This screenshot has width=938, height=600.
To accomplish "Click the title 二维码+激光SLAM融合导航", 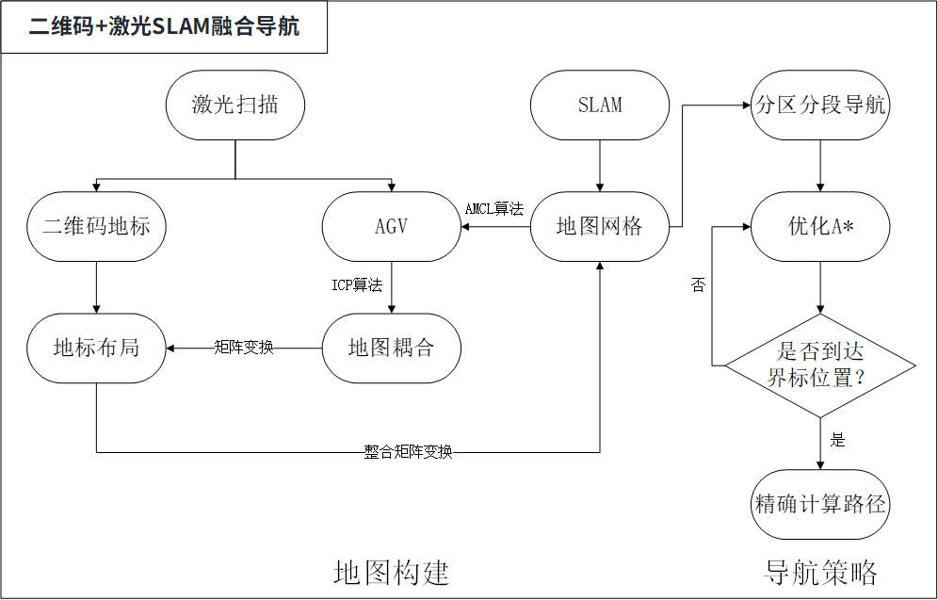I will click(x=164, y=27).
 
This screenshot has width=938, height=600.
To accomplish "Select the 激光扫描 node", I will click(x=234, y=105).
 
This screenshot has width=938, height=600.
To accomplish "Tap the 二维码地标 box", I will click(x=96, y=226).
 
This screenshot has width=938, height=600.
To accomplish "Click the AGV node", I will click(x=391, y=226).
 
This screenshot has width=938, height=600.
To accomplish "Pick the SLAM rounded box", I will click(x=600, y=105).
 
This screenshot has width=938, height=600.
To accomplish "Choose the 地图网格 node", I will click(x=600, y=226).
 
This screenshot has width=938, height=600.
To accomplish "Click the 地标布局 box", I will click(x=96, y=348).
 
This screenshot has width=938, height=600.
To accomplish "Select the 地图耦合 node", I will click(x=391, y=348).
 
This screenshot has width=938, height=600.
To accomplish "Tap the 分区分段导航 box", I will click(x=820, y=105).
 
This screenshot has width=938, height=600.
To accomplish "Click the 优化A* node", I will click(x=820, y=226).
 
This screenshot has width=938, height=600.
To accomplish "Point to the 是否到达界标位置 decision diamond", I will click(x=820, y=365).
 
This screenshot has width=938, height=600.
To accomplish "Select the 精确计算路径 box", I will click(x=820, y=503).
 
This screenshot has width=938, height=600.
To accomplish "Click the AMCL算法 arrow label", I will click(x=494, y=209).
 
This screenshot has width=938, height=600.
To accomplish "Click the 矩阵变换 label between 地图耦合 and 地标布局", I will click(x=244, y=348).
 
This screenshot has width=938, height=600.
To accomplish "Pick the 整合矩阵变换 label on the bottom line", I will click(x=408, y=452).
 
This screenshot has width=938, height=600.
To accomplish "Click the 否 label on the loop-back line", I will click(x=698, y=285).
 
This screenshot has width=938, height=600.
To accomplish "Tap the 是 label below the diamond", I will click(x=837, y=440).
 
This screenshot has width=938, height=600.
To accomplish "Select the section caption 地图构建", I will click(x=391, y=572).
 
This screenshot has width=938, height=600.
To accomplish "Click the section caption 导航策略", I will click(x=820, y=572).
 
